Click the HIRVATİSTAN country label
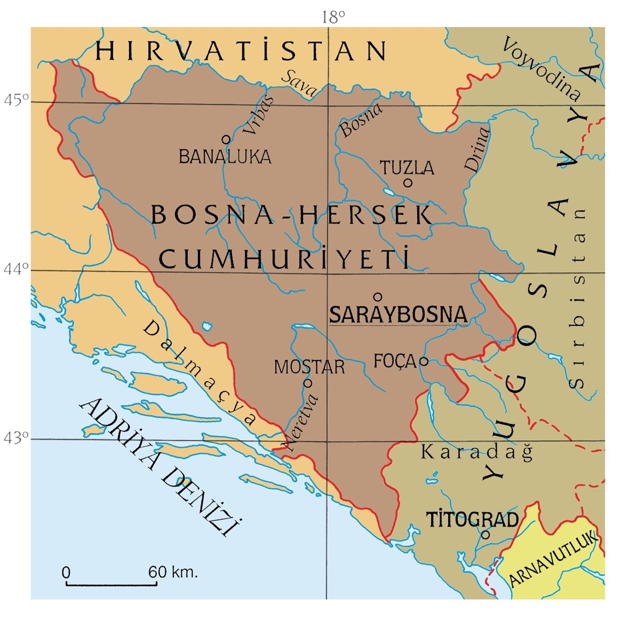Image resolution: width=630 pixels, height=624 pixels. tap(241, 51)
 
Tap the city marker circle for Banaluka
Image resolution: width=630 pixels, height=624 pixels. tap(226, 139)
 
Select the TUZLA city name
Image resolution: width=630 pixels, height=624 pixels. tap(407, 168)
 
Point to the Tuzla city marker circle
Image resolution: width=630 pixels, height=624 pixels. tap(407, 183)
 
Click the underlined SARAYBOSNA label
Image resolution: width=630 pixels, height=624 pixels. tap(397, 314)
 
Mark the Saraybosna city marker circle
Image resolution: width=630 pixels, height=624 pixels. tap(377, 295)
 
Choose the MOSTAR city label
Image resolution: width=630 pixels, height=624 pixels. tap(309, 367)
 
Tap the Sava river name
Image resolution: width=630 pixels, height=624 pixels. tap(300, 83)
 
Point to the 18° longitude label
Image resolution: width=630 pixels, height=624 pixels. tap(333, 18)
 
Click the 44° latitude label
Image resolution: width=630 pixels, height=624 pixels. tap(16, 269)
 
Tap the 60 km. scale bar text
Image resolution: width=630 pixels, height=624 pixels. tap(173, 572)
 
